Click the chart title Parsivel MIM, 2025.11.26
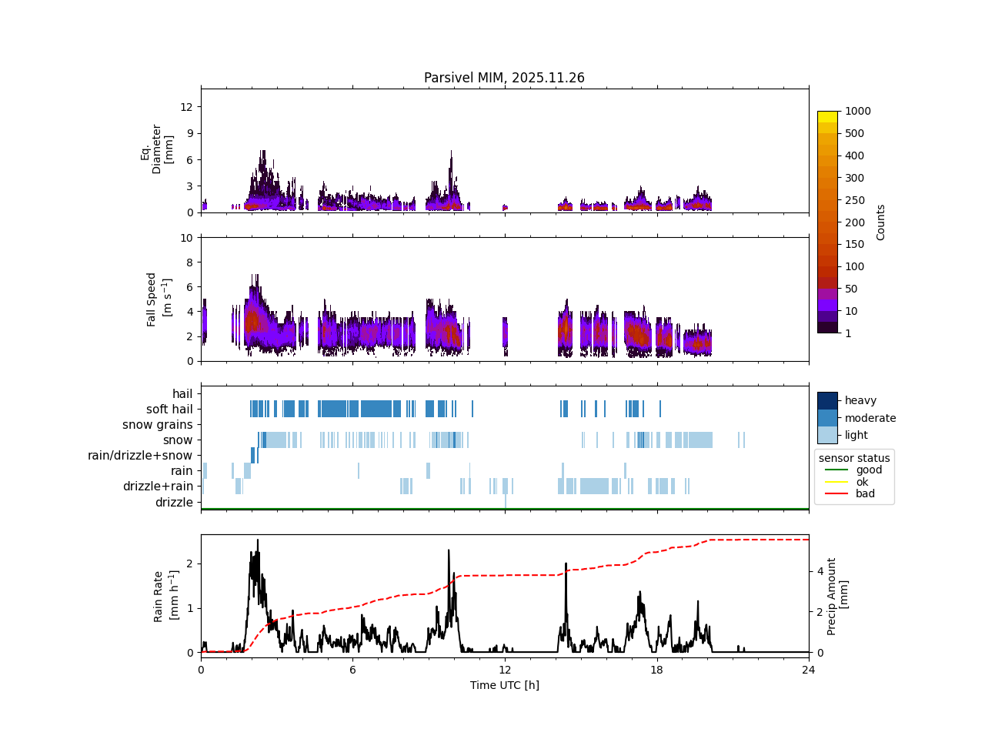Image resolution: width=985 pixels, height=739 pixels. pos(504,78)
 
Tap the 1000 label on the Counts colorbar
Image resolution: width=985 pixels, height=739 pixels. pos(857,111)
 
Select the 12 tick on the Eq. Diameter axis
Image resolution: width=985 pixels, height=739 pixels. pos(185,106)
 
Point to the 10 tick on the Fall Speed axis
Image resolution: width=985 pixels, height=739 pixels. pos(185,238)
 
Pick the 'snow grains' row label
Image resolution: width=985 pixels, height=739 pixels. pos(158,425)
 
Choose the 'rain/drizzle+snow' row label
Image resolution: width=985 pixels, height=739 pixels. pos(140,456)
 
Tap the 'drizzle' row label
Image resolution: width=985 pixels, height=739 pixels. pos(174,503)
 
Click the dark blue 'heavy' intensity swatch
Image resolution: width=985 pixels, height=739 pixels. pos(827,400)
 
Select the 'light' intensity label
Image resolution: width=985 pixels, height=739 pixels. pos(856,436)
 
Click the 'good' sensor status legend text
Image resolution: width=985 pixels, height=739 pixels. pos(869,470)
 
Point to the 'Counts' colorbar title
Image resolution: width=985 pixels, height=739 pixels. pos(881,222)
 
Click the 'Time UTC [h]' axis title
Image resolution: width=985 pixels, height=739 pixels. pos(504,685)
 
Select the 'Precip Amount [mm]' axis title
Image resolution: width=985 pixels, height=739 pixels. pos(837,597)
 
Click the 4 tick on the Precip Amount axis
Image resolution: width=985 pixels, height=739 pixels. pos(820,571)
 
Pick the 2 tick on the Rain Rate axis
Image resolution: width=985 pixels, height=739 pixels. pos(189,564)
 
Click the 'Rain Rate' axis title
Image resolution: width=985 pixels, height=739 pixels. pos(165,597)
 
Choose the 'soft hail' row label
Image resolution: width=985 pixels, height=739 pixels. pos(169,410)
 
